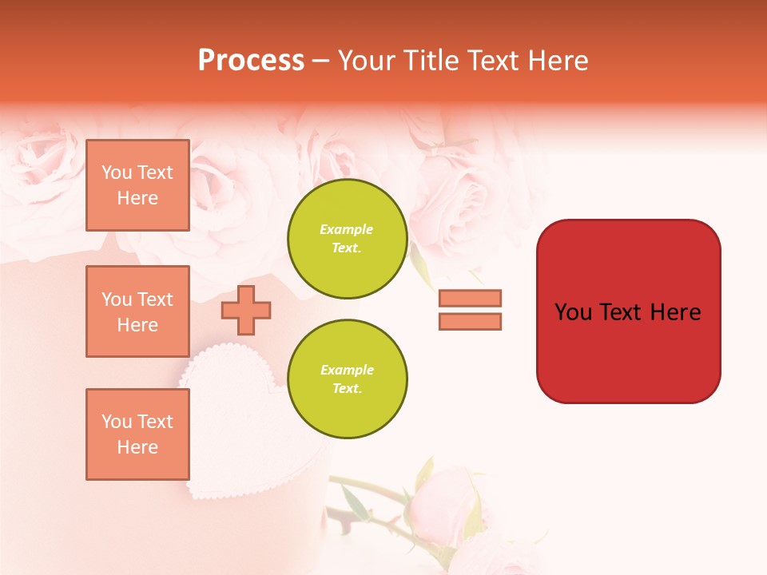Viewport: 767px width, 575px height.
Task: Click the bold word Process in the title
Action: click(251, 61)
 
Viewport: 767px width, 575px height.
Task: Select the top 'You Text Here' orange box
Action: click(137, 185)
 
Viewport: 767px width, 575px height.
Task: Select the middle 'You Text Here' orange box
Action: click(137, 311)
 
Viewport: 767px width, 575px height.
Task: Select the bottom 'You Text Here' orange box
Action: click(137, 434)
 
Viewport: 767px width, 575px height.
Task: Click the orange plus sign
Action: click(246, 310)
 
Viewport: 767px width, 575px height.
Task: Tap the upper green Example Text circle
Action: click(347, 239)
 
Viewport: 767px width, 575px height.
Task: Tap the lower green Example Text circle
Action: click(347, 379)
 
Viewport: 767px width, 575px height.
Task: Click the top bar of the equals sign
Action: click(470, 298)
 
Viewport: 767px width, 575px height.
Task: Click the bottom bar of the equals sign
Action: click(470, 321)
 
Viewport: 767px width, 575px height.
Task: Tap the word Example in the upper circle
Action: click(347, 229)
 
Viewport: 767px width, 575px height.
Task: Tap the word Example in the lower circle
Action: click(347, 370)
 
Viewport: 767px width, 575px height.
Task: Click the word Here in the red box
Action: click(675, 312)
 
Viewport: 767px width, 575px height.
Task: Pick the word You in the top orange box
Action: click(117, 172)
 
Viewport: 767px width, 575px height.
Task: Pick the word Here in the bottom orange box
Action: click(137, 447)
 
